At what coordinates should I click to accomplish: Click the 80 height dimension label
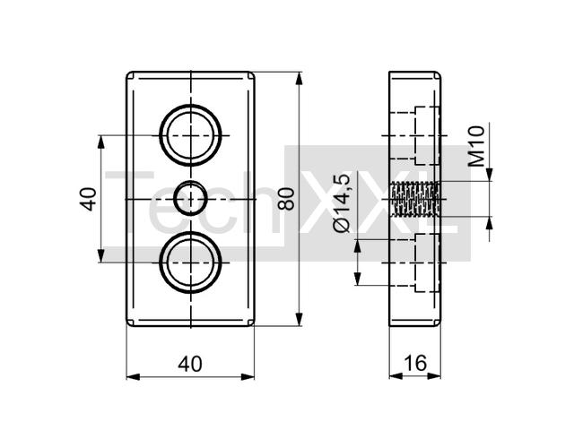[286, 199]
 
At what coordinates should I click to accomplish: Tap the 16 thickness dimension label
[415, 363]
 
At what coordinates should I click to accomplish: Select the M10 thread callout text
[476, 146]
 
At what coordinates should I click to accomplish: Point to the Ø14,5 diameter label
[342, 203]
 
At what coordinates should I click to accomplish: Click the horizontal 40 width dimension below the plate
[190, 365]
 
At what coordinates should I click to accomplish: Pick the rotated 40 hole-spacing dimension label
[88, 199]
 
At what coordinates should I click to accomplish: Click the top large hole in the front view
[190, 135]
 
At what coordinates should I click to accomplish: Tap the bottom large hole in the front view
[190, 262]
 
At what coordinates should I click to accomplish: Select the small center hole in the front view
[190, 199]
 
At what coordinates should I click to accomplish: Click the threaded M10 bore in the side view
[414, 199]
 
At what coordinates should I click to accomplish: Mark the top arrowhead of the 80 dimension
[300, 78]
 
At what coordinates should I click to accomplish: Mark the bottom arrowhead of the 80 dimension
[300, 319]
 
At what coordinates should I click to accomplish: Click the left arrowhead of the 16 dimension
[396, 376]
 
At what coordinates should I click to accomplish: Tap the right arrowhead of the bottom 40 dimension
[248, 376]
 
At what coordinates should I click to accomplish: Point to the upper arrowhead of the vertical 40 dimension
[101, 142]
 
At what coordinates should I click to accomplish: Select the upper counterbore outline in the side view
[427, 135]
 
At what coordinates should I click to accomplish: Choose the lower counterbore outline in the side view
[427, 262]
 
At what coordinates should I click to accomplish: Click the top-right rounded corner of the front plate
[251, 75]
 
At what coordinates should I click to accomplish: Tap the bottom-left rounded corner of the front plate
[129, 322]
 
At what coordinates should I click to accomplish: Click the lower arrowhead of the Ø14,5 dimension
[358, 279]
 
